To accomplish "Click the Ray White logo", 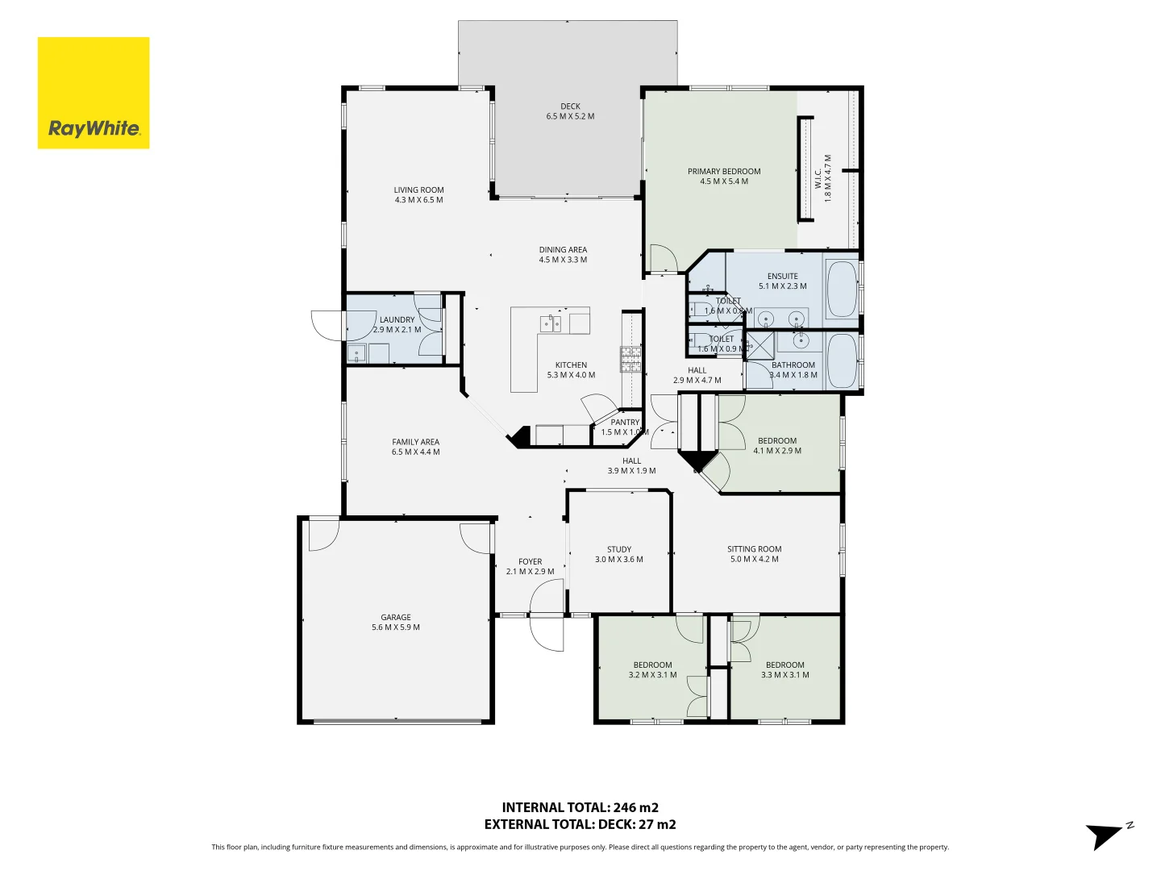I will [94, 93].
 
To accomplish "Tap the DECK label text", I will [570, 111].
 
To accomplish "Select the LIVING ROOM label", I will [418, 195].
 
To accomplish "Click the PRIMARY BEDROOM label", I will [724, 177].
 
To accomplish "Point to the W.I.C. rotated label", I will [822, 177].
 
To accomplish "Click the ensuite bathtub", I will [843, 289].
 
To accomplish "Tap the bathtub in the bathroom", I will [843, 360].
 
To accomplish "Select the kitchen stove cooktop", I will [630, 359].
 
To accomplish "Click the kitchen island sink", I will [551, 324].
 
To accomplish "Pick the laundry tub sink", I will [356, 353].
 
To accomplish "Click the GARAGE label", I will [396, 622].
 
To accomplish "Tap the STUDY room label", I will [619, 554].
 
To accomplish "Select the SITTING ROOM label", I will [754, 554].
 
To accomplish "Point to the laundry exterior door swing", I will [327, 325].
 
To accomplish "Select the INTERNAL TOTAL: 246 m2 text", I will [580, 807].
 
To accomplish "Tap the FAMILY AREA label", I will [416, 447].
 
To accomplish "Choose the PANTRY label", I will [625, 427].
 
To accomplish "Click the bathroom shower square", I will [759, 345].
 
